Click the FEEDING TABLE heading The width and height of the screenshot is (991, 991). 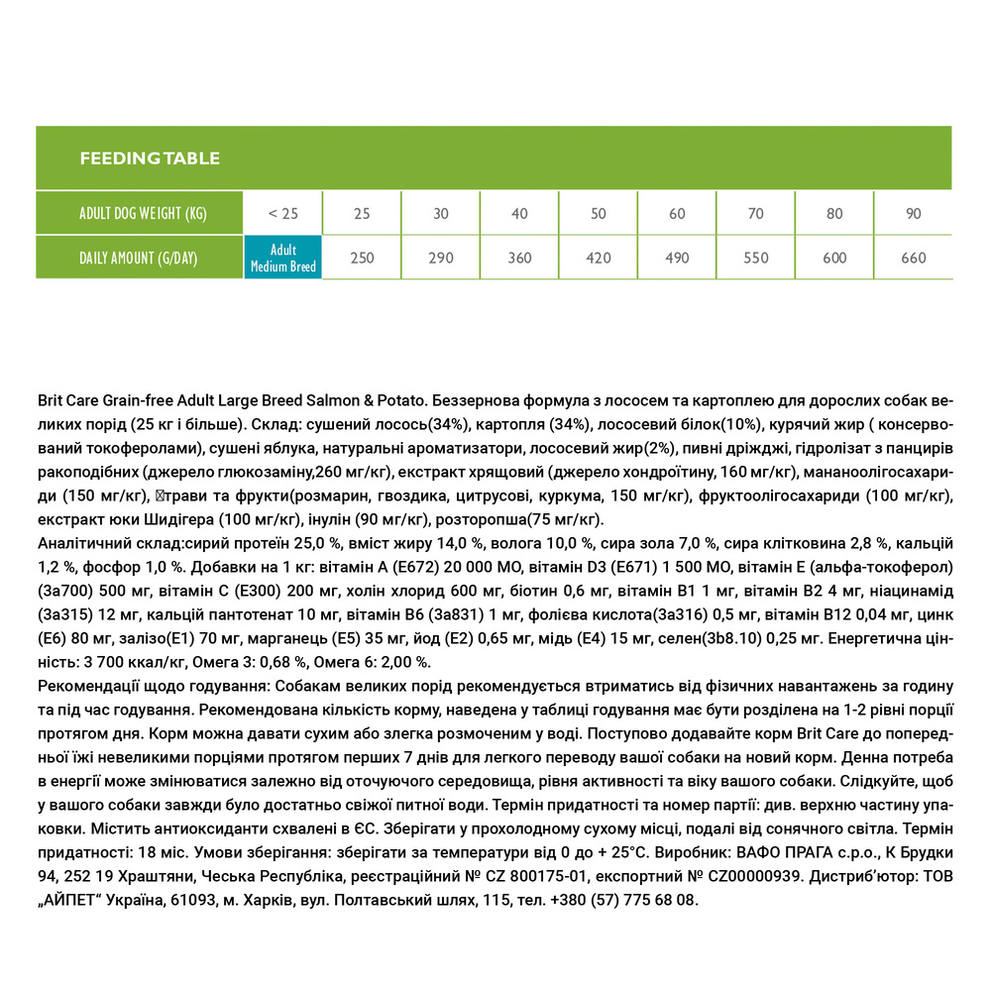[x=149, y=159]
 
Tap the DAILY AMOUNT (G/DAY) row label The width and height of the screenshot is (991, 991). [x=139, y=259]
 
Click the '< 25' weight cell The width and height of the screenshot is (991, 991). [x=282, y=214]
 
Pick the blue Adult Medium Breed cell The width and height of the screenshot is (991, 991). [x=282, y=259]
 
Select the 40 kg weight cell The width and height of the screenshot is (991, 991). [x=519, y=214]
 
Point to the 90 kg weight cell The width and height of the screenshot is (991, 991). [x=913, y=214]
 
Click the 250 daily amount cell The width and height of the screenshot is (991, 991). [x=363, y=259]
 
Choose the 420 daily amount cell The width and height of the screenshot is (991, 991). [x=598, y=259]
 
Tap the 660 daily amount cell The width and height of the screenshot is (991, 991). [x=913, y=259]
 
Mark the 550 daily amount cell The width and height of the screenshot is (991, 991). [x=755, y=259]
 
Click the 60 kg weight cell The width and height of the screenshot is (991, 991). [x=677, y=214]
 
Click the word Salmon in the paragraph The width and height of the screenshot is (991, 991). [x=334, y=400]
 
